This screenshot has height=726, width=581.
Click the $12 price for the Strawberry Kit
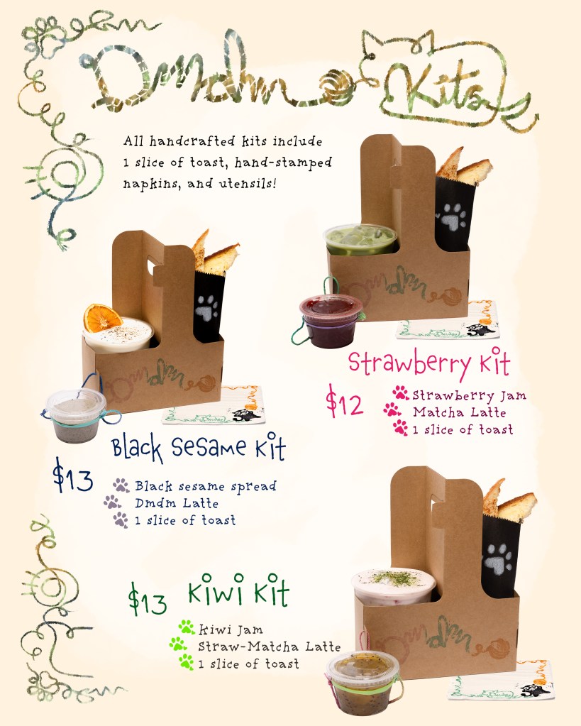(345, 402)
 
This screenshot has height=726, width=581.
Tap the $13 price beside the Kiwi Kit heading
(148, 600)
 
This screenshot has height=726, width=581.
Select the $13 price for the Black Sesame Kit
(72, 476)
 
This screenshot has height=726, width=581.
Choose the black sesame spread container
(76, 415)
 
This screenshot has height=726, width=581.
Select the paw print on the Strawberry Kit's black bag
(451, 216)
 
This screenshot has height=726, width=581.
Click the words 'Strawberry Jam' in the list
(469, 396)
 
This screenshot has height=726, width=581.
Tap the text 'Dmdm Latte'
(177, 503)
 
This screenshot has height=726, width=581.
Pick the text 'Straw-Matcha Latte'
(269, 647)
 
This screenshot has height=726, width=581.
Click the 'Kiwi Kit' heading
(238, 590)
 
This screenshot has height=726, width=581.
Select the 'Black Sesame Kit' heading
(199, 447)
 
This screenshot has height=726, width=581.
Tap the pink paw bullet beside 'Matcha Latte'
(392, 410)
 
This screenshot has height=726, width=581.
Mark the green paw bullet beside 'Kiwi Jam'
(187, 627)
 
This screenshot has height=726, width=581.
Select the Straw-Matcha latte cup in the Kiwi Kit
(394, 585)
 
